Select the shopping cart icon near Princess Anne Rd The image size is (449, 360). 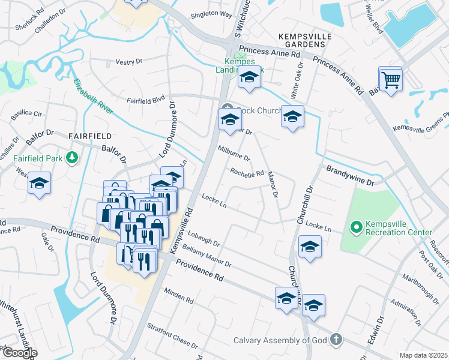(x=390, y=79)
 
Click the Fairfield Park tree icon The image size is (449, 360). (x=73, y=158)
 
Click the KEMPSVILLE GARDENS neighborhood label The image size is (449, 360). (x=306, y=41)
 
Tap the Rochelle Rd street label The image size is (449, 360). (x=247, y=173)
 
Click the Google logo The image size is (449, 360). (x=19, y=353)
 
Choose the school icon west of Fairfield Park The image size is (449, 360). (x=40, y=183)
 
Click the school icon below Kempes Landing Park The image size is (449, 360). (x=250, y=77)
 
